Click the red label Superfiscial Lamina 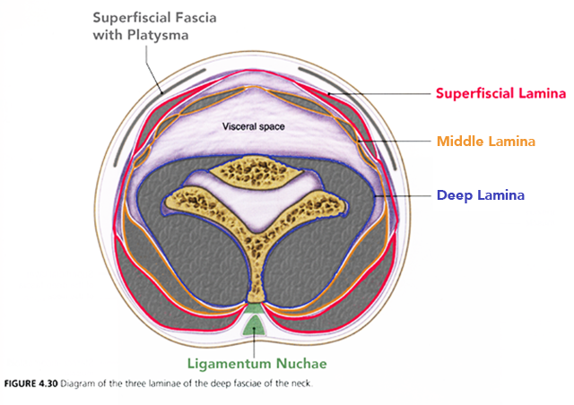[x=500, y=93]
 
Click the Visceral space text [x=253, y=127]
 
